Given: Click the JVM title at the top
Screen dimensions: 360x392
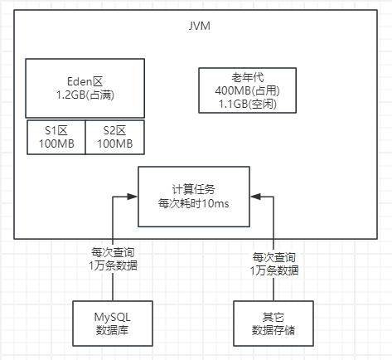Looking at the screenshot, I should click(200, 26).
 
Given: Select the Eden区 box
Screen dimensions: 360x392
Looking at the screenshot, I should click(85, 90).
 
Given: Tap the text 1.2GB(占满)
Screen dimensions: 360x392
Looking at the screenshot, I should click(85, 95).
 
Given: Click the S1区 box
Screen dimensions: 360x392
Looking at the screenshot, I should click(55, 137).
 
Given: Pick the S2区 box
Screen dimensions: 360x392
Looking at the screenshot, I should click(114, 137).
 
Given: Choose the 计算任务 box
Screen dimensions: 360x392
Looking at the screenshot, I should click(193, 196).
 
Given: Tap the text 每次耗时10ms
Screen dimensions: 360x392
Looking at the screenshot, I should click(193, 203).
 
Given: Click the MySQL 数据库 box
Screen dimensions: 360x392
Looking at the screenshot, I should click(113, 324).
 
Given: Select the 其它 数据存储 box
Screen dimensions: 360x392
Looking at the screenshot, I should click(273, 324).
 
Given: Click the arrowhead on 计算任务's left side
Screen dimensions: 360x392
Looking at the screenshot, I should click(133, 197).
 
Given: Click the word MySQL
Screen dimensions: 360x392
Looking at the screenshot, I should click(113, 316).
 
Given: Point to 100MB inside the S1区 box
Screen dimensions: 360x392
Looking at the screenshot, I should click(55, 144).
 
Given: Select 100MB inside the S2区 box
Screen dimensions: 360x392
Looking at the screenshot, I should click(114, 144).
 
